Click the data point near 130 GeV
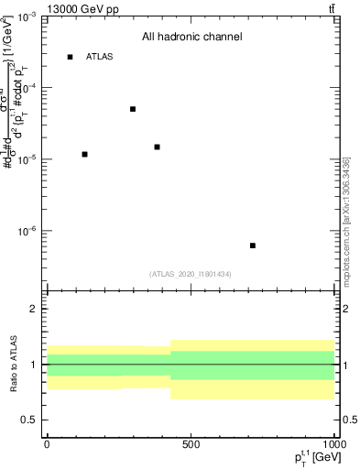[84, 154]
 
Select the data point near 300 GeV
[133, 109]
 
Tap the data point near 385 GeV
[158, 147]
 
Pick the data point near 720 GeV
[253, 245]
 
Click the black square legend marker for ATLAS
[70, 57]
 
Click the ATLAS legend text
[100, 57]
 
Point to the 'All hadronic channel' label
[191, 38]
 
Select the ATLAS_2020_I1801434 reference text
[191, 274]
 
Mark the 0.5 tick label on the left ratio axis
[27, 420]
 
